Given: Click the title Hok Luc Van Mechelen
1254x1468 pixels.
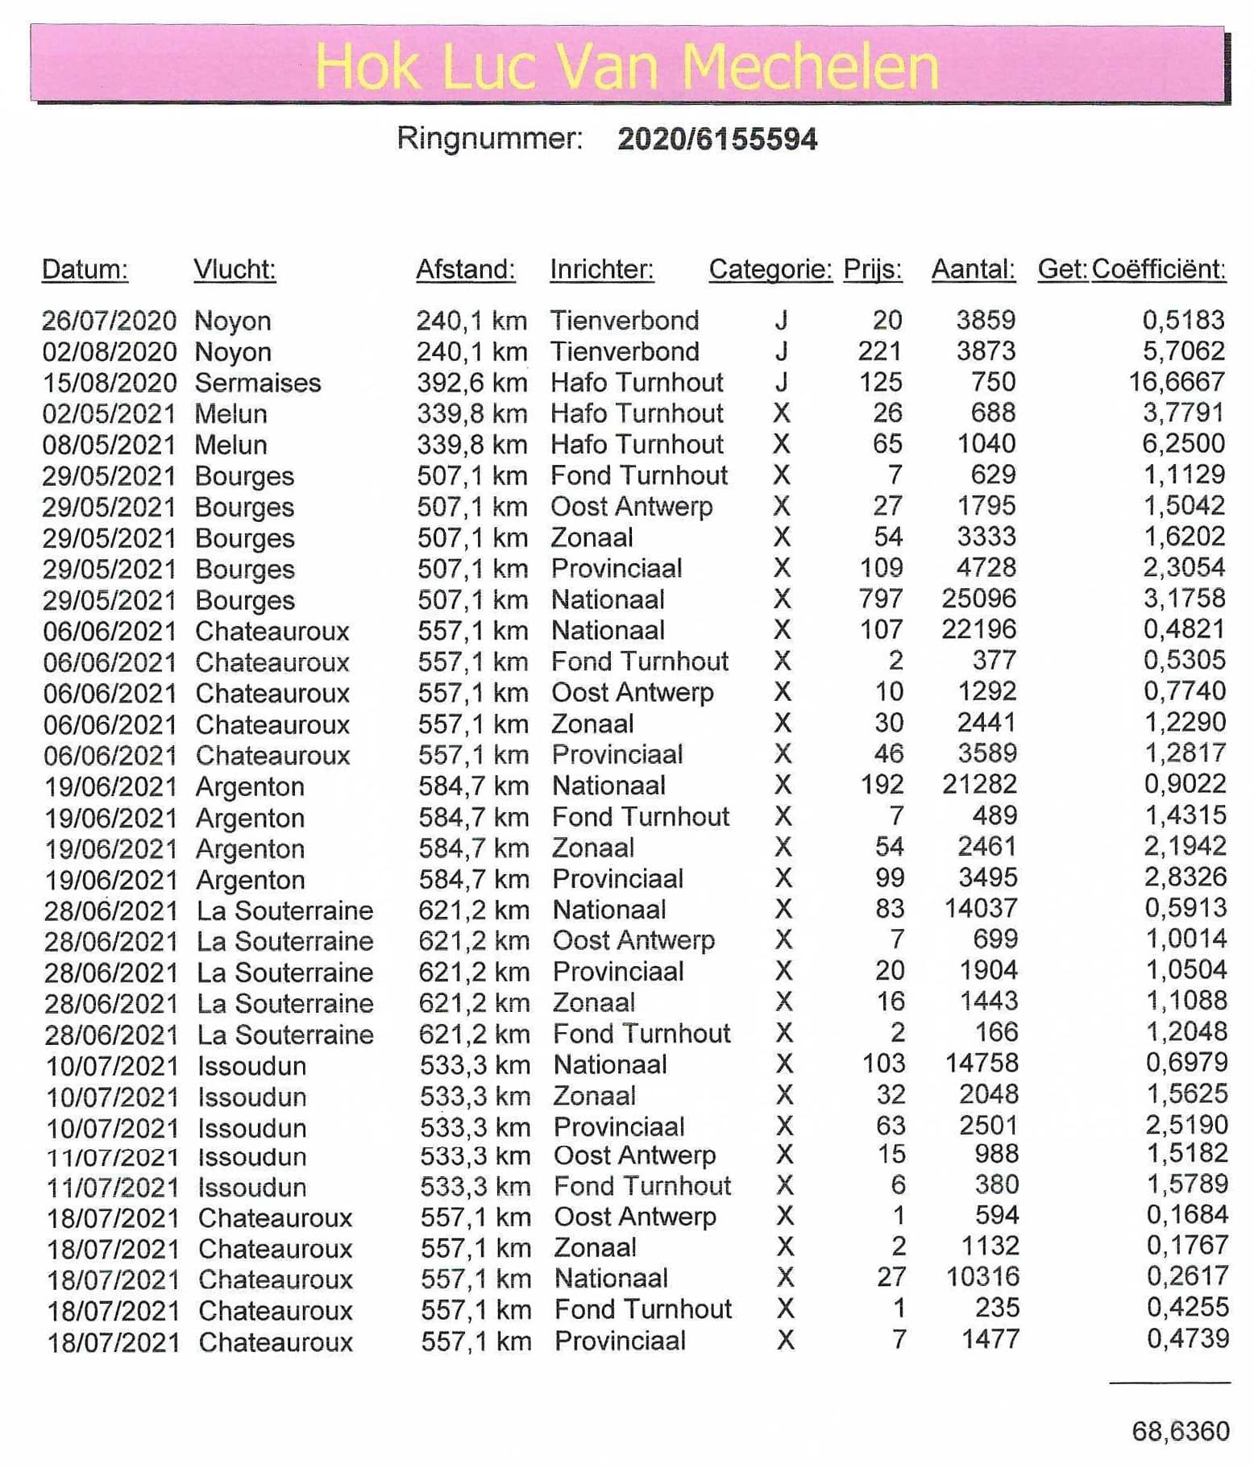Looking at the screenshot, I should point(626,65).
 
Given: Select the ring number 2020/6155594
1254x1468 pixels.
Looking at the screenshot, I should point(717,139).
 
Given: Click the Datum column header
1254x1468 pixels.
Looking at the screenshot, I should point(85,269).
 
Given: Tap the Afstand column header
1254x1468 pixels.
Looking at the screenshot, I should point(465,269).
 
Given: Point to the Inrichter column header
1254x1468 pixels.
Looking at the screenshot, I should point(601,269).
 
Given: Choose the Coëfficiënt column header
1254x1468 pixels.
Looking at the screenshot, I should point(1158,269).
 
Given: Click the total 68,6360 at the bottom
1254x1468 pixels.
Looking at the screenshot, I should point(1181,1431).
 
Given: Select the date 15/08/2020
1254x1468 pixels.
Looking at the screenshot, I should point(109,383).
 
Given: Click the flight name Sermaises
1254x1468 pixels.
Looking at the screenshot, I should point(258,383).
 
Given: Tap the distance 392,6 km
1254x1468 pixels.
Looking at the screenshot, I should point(471,383).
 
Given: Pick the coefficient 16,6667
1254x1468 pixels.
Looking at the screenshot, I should point(1177,382).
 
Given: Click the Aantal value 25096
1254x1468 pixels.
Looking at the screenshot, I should point(978,599).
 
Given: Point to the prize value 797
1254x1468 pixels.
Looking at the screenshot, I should point(880,599).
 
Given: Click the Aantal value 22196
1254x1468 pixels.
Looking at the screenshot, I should point(978,630).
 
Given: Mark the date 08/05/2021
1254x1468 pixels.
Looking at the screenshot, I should point(109,445).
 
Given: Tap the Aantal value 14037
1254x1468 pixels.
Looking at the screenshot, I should point(980,909).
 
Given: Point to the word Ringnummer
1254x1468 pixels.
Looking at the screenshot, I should point(489,139).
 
